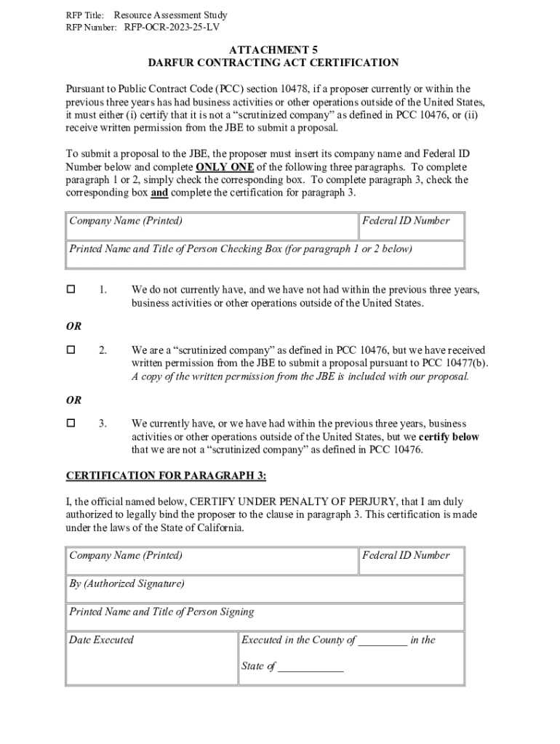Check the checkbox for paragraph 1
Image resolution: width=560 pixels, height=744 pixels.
[x=71, y=290]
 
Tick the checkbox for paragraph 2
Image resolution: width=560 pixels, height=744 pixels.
[x=71, y=350]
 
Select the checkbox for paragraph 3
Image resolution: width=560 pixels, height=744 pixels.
[x=71, y=423]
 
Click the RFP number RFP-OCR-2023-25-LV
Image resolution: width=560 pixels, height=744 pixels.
[x=172, y=28]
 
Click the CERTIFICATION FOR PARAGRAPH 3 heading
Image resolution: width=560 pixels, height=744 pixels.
[x=167, y=476]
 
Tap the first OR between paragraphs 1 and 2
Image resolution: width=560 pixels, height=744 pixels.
[x=73, y=327]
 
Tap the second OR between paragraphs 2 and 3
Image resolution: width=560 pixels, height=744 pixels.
[x=73, y=400]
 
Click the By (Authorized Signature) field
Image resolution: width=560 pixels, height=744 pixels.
[x=265, y=589]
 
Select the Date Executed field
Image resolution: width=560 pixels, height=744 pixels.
[x=152, y=658]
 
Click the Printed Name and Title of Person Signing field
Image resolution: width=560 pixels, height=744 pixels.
[x=265, y=618]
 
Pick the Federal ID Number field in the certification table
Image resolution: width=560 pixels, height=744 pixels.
[x=411, y=561]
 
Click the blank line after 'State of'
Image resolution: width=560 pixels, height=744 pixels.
[x=311, y=666]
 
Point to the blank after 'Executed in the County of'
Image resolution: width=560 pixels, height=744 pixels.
[x=383, y=641]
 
